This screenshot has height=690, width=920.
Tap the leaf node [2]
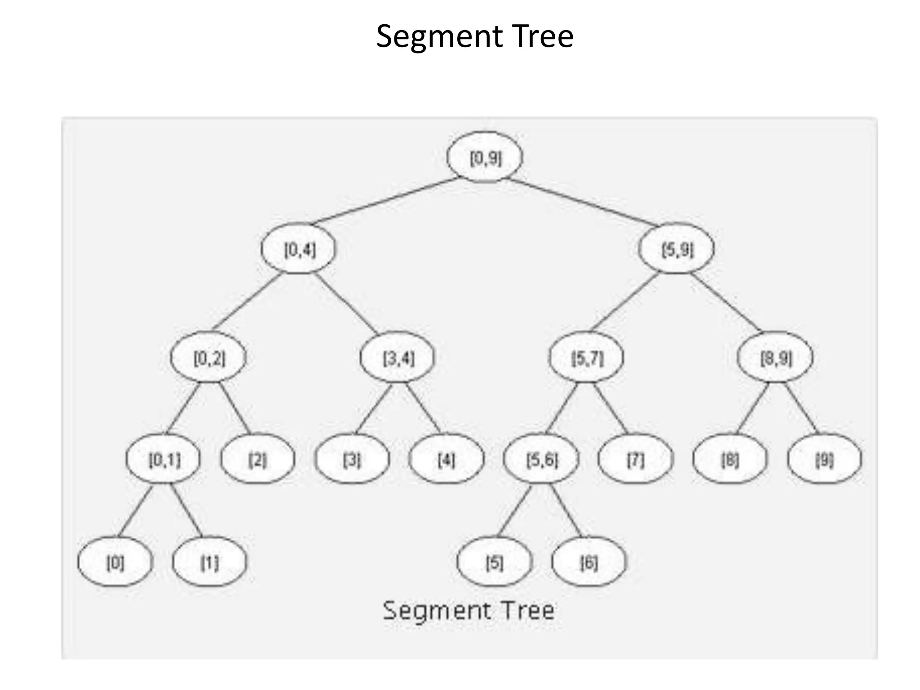(x=258, y=459)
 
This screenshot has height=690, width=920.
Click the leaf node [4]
(x=447, y=459)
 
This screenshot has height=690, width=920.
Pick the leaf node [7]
(x=636, y=459)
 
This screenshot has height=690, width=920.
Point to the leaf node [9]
(x=825, y=459)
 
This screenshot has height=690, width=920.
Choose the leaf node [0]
(x=115, y=562)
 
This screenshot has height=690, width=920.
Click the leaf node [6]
(x=589, y=562)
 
